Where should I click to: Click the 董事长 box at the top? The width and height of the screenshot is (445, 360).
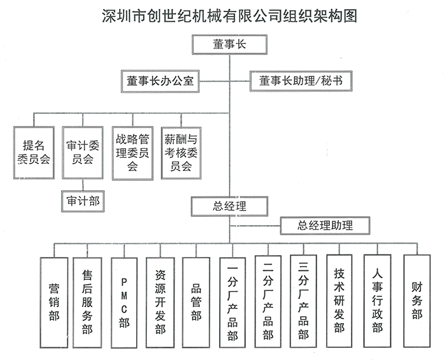point(229,45)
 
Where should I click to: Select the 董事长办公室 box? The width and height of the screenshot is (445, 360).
point(160,81)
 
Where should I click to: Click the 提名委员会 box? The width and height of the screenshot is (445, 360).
point(34,152)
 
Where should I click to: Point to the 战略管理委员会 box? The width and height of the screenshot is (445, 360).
point(132,152)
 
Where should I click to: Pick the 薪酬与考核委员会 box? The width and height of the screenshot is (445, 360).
point(181,152)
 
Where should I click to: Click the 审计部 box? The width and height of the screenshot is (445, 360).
point(83,200)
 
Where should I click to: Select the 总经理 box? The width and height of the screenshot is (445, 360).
point(229,206)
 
